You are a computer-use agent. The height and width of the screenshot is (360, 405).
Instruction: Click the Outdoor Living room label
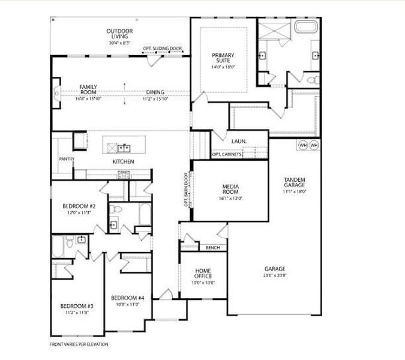119,34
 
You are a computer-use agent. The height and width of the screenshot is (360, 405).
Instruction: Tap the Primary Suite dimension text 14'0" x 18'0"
223,67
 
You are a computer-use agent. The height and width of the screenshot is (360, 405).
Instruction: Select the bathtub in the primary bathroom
306,27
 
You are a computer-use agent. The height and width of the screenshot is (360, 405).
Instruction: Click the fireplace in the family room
57,93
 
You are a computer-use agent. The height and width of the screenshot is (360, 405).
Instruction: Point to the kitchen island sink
124,148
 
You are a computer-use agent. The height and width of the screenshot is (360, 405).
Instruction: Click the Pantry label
67,159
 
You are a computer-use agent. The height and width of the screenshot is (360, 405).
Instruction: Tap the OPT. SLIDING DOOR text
162,48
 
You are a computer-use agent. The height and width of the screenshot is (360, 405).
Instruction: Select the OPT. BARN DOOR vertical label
186,190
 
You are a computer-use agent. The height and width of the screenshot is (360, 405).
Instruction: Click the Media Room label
230,189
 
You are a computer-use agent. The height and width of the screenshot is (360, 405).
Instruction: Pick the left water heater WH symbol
303,145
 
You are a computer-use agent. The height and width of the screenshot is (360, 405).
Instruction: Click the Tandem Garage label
295,182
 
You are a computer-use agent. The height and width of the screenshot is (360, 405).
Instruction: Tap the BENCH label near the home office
213,248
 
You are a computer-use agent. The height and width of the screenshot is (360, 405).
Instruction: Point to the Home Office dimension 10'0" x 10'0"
203,283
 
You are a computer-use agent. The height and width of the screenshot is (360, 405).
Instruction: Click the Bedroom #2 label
79,206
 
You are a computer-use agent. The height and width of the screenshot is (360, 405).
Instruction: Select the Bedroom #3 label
77,306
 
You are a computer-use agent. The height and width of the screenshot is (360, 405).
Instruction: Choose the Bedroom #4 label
128,298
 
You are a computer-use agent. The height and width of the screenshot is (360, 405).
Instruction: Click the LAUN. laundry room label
239,142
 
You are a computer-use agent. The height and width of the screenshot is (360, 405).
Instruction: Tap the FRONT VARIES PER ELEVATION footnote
79,344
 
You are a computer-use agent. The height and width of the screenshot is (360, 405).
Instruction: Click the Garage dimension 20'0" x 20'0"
275,275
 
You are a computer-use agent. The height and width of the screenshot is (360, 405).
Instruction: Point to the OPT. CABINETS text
227,154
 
